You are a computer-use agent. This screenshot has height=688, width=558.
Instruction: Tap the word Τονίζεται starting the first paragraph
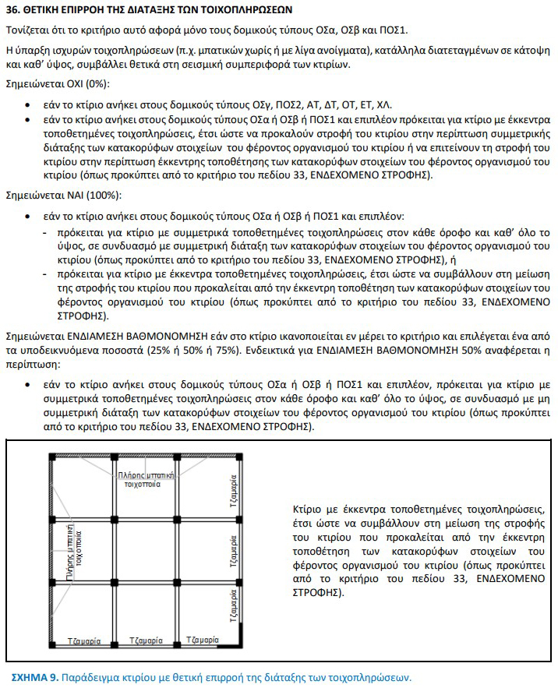[30, 30]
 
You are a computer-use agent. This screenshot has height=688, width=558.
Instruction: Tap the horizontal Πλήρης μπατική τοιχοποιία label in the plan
[139, 478]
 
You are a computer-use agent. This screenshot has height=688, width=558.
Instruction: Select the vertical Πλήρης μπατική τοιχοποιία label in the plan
[74, 560]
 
